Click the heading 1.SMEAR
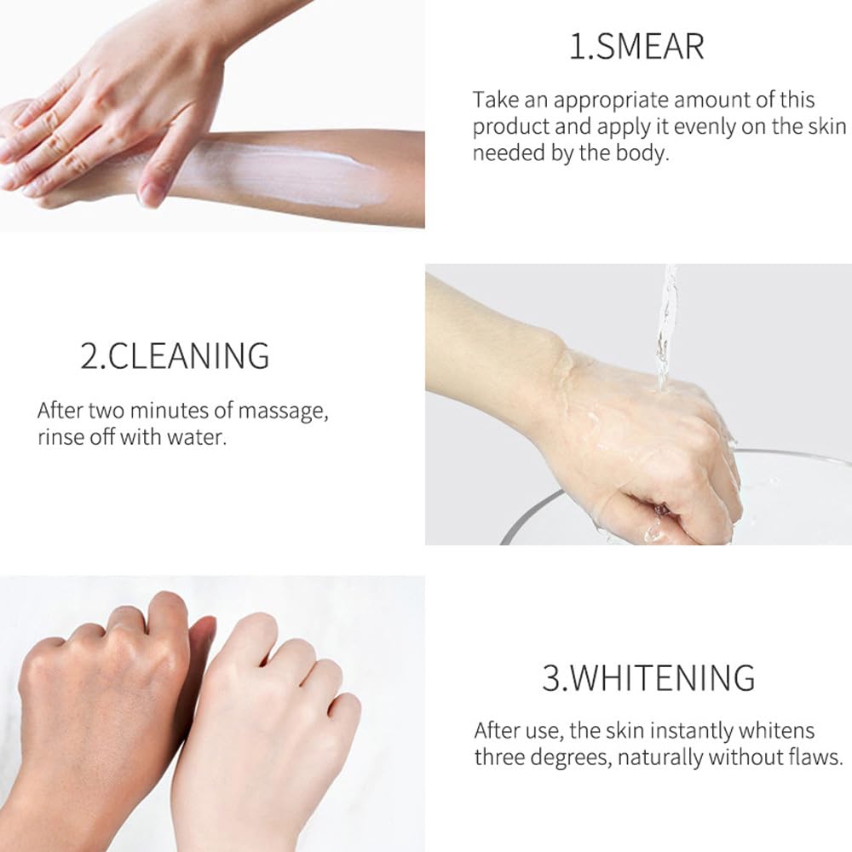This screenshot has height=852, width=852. (x=636, y=47)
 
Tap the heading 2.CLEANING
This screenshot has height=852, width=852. (x=175, y=356)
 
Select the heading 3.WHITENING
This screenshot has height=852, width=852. (x=648, y=677)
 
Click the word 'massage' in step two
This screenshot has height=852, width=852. (x=283, y=412)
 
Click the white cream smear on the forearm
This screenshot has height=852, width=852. (x=283, y=173)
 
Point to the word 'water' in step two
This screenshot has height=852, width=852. (x=196, y=437)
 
